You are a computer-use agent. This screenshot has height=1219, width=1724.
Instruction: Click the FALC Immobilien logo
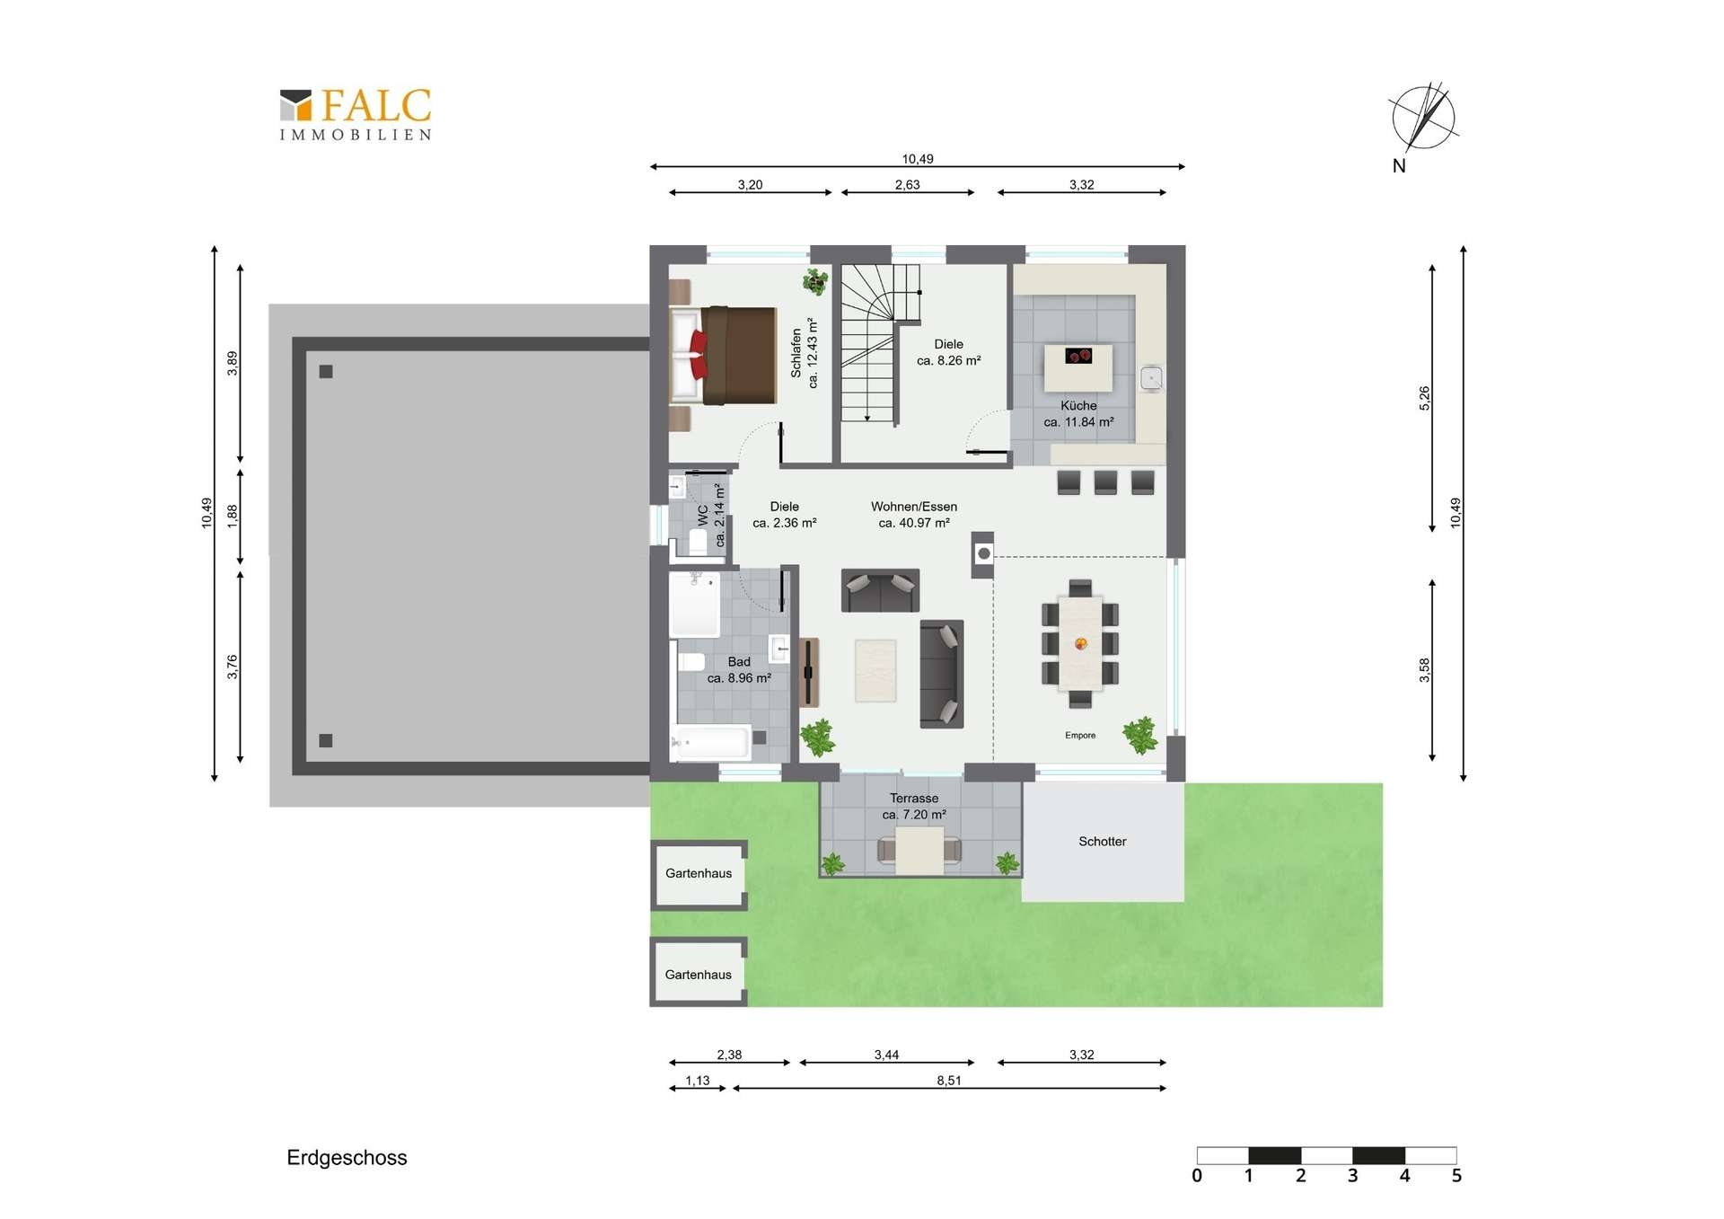pos(356,114)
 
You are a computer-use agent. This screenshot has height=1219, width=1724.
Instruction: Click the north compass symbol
pos(1423,119)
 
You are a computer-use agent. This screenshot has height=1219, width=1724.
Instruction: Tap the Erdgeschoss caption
pos(347,1158)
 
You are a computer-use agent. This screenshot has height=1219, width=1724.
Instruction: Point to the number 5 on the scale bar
pos(1456,1176)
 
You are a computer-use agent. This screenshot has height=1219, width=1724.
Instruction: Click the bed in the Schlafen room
pos(724,356)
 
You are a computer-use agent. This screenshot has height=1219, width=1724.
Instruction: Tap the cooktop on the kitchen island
pos(1078,356)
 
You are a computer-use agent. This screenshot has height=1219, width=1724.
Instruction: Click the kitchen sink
pos(1151,378)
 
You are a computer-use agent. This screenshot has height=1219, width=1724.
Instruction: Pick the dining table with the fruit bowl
pos(1080,643)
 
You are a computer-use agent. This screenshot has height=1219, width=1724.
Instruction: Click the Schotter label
pos(1103,842)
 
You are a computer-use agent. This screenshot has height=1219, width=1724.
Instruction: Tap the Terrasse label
pos(914,799)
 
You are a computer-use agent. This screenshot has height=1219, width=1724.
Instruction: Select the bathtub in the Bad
pos(710,744)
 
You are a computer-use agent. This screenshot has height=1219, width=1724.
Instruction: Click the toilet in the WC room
pos(698,541)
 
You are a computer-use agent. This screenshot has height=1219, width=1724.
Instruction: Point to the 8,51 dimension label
pos(949,1081)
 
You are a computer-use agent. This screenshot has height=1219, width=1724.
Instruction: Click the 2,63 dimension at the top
pos(908,185)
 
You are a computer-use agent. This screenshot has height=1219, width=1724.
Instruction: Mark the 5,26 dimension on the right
pos(1424,398)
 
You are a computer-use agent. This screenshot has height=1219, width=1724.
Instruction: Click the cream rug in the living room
pos(875,670)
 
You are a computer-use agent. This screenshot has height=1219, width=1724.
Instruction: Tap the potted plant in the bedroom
pos(815,281)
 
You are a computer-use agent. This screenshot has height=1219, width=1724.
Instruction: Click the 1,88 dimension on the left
pos(233,515)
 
